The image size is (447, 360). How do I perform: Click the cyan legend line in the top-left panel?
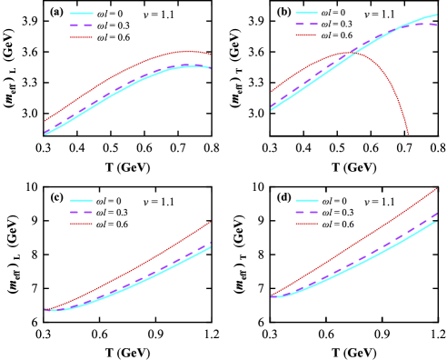coord(82,13)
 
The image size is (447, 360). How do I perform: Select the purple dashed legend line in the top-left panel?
coord(82,25)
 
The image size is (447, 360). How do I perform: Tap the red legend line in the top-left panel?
coord(82,37)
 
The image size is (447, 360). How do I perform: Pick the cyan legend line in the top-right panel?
coord(306,13)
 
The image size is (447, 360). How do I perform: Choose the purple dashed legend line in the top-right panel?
coord(306,24)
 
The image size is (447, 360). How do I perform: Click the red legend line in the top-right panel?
coord(306,35)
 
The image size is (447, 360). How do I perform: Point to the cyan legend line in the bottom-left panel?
coord(82,200)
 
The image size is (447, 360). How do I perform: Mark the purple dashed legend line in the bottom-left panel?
coord(82,212)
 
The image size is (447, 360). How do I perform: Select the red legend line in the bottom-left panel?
coord(82,224)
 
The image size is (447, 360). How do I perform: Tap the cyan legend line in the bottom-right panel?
coord(306,200)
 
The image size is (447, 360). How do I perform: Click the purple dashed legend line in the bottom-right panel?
coord(306,212)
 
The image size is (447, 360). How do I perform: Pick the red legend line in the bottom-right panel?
coord(306,224)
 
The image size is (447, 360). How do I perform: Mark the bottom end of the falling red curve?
coord(408,134)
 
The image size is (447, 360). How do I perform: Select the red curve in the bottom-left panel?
coord(136,266)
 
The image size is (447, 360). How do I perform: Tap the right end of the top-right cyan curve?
coord(437,15)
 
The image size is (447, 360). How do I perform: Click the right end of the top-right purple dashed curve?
coord(437,25)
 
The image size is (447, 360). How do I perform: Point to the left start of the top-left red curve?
coord(45,120)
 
